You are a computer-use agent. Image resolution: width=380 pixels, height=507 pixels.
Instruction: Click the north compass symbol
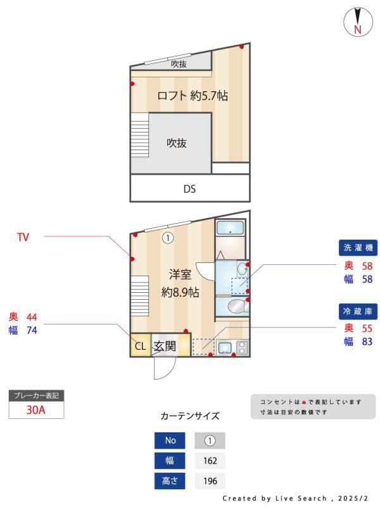pos(358,22)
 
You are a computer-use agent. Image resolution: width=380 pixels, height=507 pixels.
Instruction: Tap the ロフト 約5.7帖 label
pos(192,96)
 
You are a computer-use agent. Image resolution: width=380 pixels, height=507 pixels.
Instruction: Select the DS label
pos(189,188)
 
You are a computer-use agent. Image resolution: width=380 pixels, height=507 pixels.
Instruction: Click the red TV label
pos(23,238)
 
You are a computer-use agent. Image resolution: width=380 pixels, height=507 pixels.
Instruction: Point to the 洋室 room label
pos(180,274)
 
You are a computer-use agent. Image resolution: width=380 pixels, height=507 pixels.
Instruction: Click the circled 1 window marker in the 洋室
pos(167,238)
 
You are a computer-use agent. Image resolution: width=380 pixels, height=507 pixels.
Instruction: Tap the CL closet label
pos(140,346)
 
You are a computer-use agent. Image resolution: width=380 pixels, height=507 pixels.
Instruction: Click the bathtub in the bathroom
pos(231,229)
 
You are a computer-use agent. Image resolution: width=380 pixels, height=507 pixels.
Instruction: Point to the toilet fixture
pos(236,307)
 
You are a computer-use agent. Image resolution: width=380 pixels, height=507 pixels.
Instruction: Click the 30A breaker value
pos(36,409)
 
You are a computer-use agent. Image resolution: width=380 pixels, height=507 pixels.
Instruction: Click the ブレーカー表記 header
pos(36,395)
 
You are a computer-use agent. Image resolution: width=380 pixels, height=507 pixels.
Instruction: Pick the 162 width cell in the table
pos(210,461)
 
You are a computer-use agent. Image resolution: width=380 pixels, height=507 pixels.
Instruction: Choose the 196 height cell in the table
pos(210,481)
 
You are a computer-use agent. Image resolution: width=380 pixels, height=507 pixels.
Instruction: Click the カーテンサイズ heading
pos(190,416)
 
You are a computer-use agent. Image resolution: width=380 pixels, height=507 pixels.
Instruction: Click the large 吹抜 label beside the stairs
pos(177,143)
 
